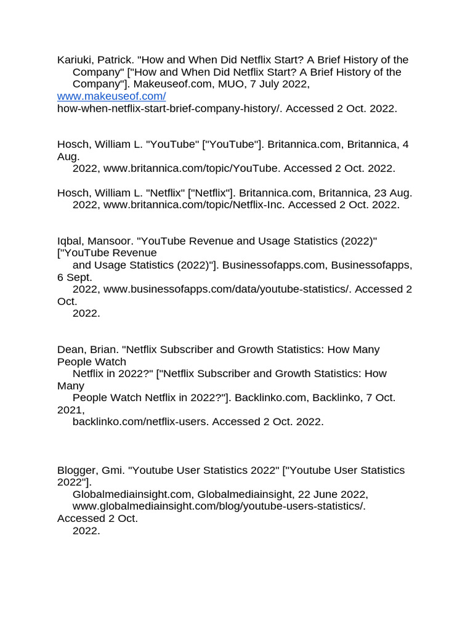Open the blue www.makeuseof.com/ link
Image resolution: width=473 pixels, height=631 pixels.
tap(111, 96)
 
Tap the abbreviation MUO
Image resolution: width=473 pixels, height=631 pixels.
tap(231, 84)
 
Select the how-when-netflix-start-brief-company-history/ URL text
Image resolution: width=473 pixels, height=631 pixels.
tap(169, 108)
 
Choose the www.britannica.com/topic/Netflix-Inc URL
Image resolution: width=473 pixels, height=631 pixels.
tap(196, 205)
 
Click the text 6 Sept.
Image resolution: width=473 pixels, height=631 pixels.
tap(75, 277)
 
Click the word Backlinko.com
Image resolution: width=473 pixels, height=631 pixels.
tap(270, 397)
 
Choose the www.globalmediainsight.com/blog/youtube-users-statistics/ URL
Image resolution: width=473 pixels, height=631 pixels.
tap(219, 506)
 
